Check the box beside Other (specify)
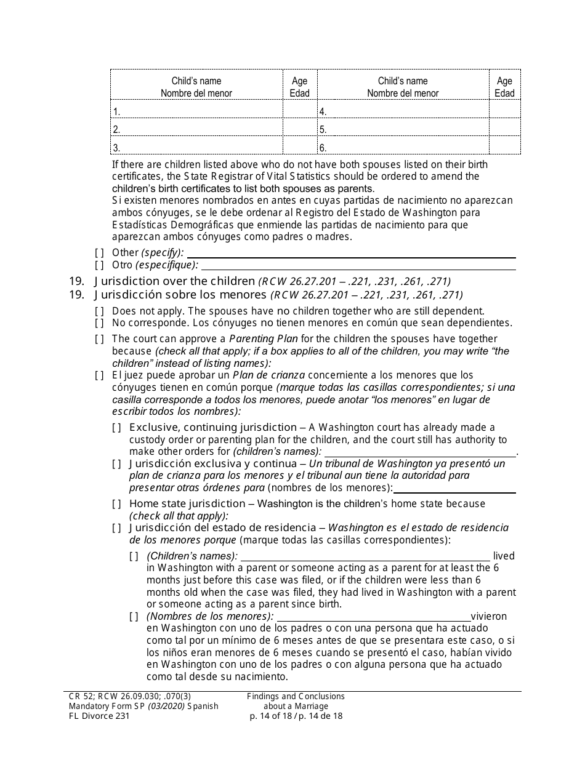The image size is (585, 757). pyautogui.click(x=99, y=252)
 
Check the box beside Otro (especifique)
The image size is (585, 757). pyautogui.click(x=99, y=265)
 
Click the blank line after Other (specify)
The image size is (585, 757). pyautogui.click(x=351, y=252)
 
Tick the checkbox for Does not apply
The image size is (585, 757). pyautogui.click(x=99, y=311)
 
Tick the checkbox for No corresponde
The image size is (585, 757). pyautogui.click(x=99, y=322)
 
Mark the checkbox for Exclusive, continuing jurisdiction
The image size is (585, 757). pyautogui.click(x=116, y=427)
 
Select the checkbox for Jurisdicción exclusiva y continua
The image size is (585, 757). pyautogui.click(x=116, y=463)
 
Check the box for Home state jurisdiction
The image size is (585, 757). pyautogui.click(x=116, y=503)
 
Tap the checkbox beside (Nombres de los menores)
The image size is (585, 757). pyautogui.click(x=134, y=616)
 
